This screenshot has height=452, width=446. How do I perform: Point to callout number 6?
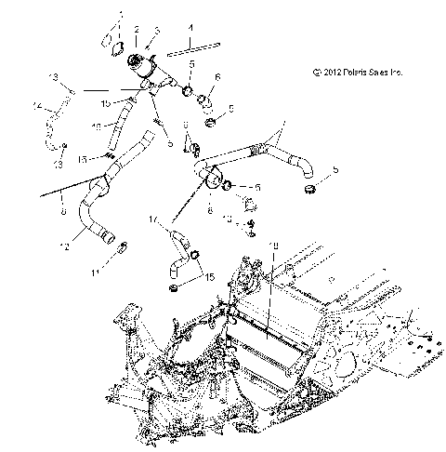[x=216, y=76]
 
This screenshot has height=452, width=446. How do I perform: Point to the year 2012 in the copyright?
[x=331, y=72]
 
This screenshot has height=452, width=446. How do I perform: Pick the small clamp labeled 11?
[x=120, y=246]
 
